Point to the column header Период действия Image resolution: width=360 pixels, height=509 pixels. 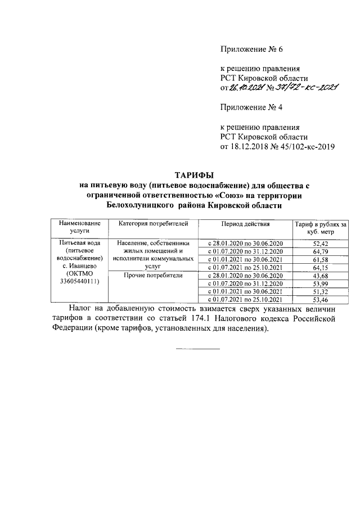click(x=245, y=223)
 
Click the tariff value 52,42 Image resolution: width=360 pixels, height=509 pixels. click(x=319, y=242)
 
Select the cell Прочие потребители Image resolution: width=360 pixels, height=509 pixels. click(x=152, y=276)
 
